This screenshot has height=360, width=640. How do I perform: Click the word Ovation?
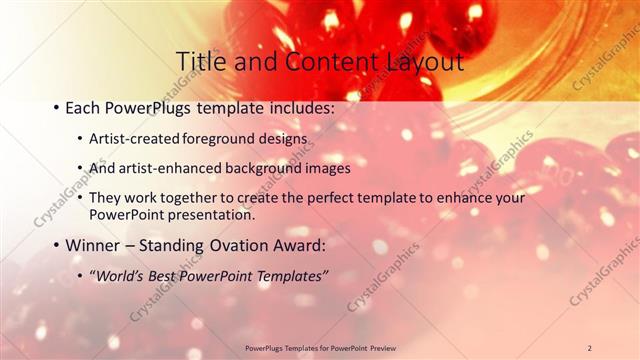259,245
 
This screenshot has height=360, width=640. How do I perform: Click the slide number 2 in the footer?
589,347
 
